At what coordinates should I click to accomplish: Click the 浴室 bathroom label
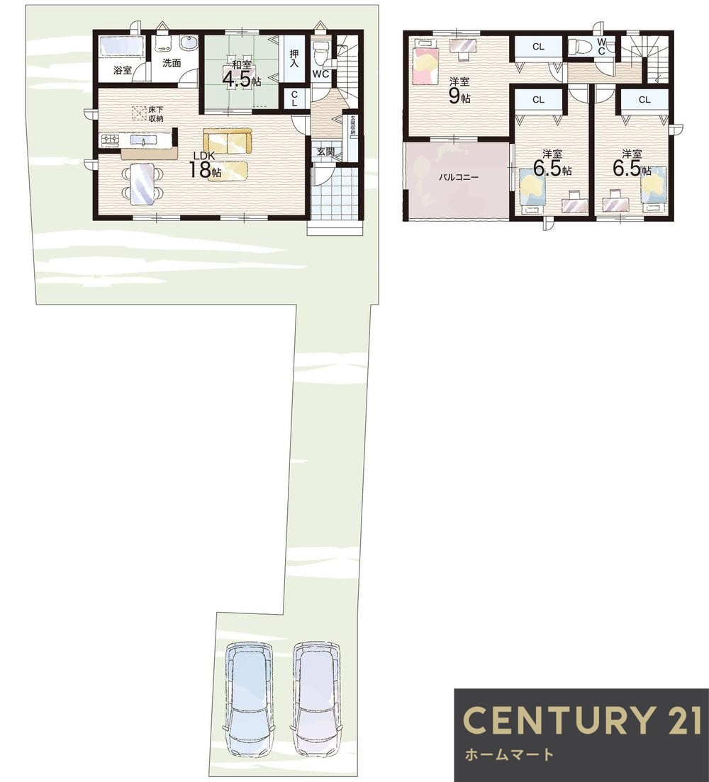pos(123,70)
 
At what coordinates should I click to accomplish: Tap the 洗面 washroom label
pos(172,63)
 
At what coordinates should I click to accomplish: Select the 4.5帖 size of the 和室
pos(242,81)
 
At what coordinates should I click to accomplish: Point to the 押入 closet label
pos(294,58)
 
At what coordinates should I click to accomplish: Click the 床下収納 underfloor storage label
pos(156,114)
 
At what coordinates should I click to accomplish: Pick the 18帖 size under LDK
pos(205,171)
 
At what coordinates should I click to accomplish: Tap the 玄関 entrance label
pos(325,152)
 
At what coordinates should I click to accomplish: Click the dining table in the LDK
pos(143,183)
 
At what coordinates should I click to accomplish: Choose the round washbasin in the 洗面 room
pos(188,46)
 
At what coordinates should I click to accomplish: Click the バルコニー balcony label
pos(459,177)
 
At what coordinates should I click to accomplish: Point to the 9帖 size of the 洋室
pos(459,96)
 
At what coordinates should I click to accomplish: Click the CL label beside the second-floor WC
pos(538,47)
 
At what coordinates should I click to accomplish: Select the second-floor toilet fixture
pos(580,47)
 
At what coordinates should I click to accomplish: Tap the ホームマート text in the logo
pos(509,754)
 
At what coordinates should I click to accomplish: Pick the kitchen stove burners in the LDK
pos(111,141)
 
